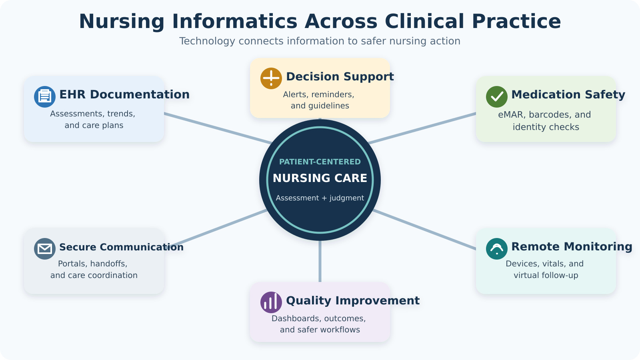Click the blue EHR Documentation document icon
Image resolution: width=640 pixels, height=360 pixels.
click(x=45, y=97)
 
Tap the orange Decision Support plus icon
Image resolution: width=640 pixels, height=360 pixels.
click(x=271, y=78)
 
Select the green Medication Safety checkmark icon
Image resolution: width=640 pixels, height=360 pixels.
click(x=497, y=97)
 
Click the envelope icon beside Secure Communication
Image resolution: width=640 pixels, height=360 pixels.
click(x=45, y=249)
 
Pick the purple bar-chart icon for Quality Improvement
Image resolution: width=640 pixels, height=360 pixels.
click(x=271, y=302)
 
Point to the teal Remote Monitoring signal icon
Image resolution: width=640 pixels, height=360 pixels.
click(x=497, y=249)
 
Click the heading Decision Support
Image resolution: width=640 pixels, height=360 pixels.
click(x=340, y=76)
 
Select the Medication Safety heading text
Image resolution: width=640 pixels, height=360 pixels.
click(x=568, y=94)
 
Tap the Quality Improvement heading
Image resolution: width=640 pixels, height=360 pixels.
click(x=353, y=300)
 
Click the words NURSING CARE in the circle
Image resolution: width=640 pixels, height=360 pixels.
click(x=320, y=178)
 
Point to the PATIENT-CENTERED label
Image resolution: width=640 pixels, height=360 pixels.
click(x=320, y=162)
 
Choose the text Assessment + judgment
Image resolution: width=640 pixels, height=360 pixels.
click(x=320, y=198)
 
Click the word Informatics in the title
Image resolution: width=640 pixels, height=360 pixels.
click(x=235, y=22)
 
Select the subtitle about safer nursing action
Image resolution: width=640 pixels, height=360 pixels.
click(x=320, y=41)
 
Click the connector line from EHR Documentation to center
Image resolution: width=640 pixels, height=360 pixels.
click(x=218, y=128)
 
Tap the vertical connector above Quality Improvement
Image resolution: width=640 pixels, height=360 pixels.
click(x=320, y=262)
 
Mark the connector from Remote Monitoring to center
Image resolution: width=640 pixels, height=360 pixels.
click(x=424, y=230)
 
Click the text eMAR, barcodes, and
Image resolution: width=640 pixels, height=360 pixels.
click(x=544, y=114)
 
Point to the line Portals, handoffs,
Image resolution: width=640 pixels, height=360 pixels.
click(x=92, y=264)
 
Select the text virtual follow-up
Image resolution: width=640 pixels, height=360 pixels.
click(x=546, y=276)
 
